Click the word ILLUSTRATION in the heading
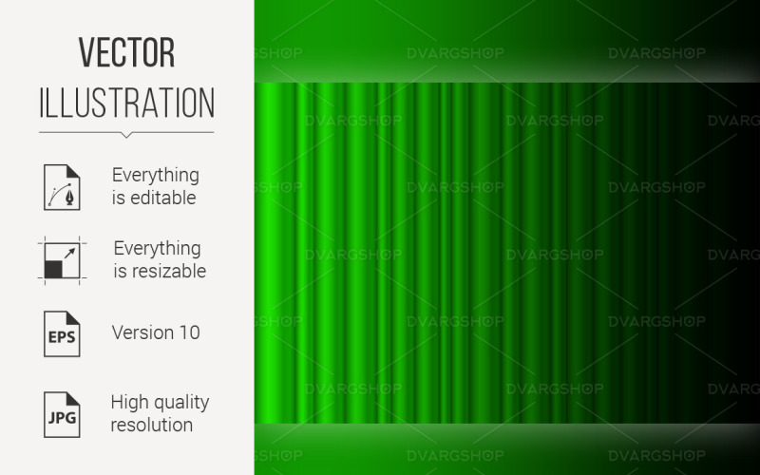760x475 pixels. (126, 102)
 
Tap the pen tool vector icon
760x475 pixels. (62, 186)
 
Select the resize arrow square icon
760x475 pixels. (62, 259)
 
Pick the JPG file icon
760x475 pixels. (62, 412)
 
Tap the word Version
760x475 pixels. (141, 332)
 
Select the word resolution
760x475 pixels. (152, 424)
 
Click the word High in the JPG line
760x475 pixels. (130, 401)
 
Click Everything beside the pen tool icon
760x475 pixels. (156, 175)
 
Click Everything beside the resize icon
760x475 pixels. (157, 248)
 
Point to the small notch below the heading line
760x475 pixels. (126, 135)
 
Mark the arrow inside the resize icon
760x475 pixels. (68, 254)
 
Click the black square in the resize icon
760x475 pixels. (53, 269)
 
